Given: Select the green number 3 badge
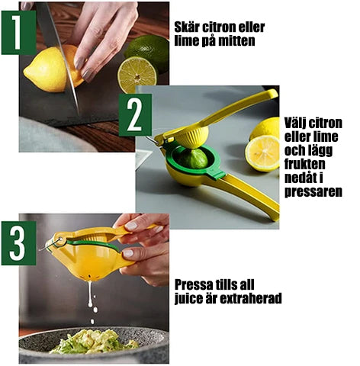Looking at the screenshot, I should [18, 242].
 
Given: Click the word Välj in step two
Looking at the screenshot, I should [298, 123].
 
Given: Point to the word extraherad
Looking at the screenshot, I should [249, 299].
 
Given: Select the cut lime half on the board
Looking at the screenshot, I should [137, 74].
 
